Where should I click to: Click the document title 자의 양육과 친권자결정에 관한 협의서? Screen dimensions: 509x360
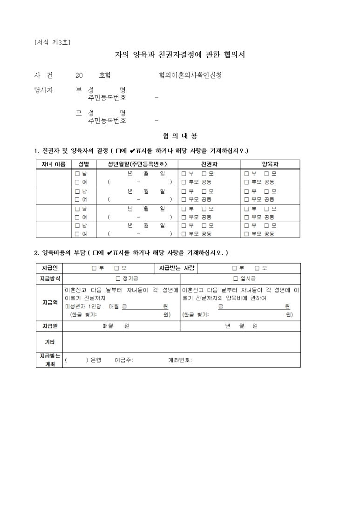point(180,55)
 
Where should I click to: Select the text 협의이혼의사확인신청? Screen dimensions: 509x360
point(190,75)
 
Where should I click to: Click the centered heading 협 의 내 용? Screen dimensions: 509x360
point(180,136)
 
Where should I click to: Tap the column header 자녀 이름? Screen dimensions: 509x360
point(54,164)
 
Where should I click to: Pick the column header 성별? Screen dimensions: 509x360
point(84,164)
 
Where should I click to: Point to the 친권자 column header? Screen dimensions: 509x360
point(209,164)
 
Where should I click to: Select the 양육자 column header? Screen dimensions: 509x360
point(270,164)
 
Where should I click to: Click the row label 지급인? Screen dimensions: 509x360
point(49,268)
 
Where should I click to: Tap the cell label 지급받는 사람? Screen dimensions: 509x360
point(177,268)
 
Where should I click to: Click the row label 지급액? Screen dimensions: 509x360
point(49,302)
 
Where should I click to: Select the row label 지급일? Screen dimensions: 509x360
point(49,326)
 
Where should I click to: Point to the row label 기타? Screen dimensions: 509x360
point(49,342)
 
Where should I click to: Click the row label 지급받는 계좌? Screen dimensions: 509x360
point(49,360)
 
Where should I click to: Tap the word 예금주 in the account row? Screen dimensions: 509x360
point(123,360)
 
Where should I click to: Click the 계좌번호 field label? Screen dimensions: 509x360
point(179,360)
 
